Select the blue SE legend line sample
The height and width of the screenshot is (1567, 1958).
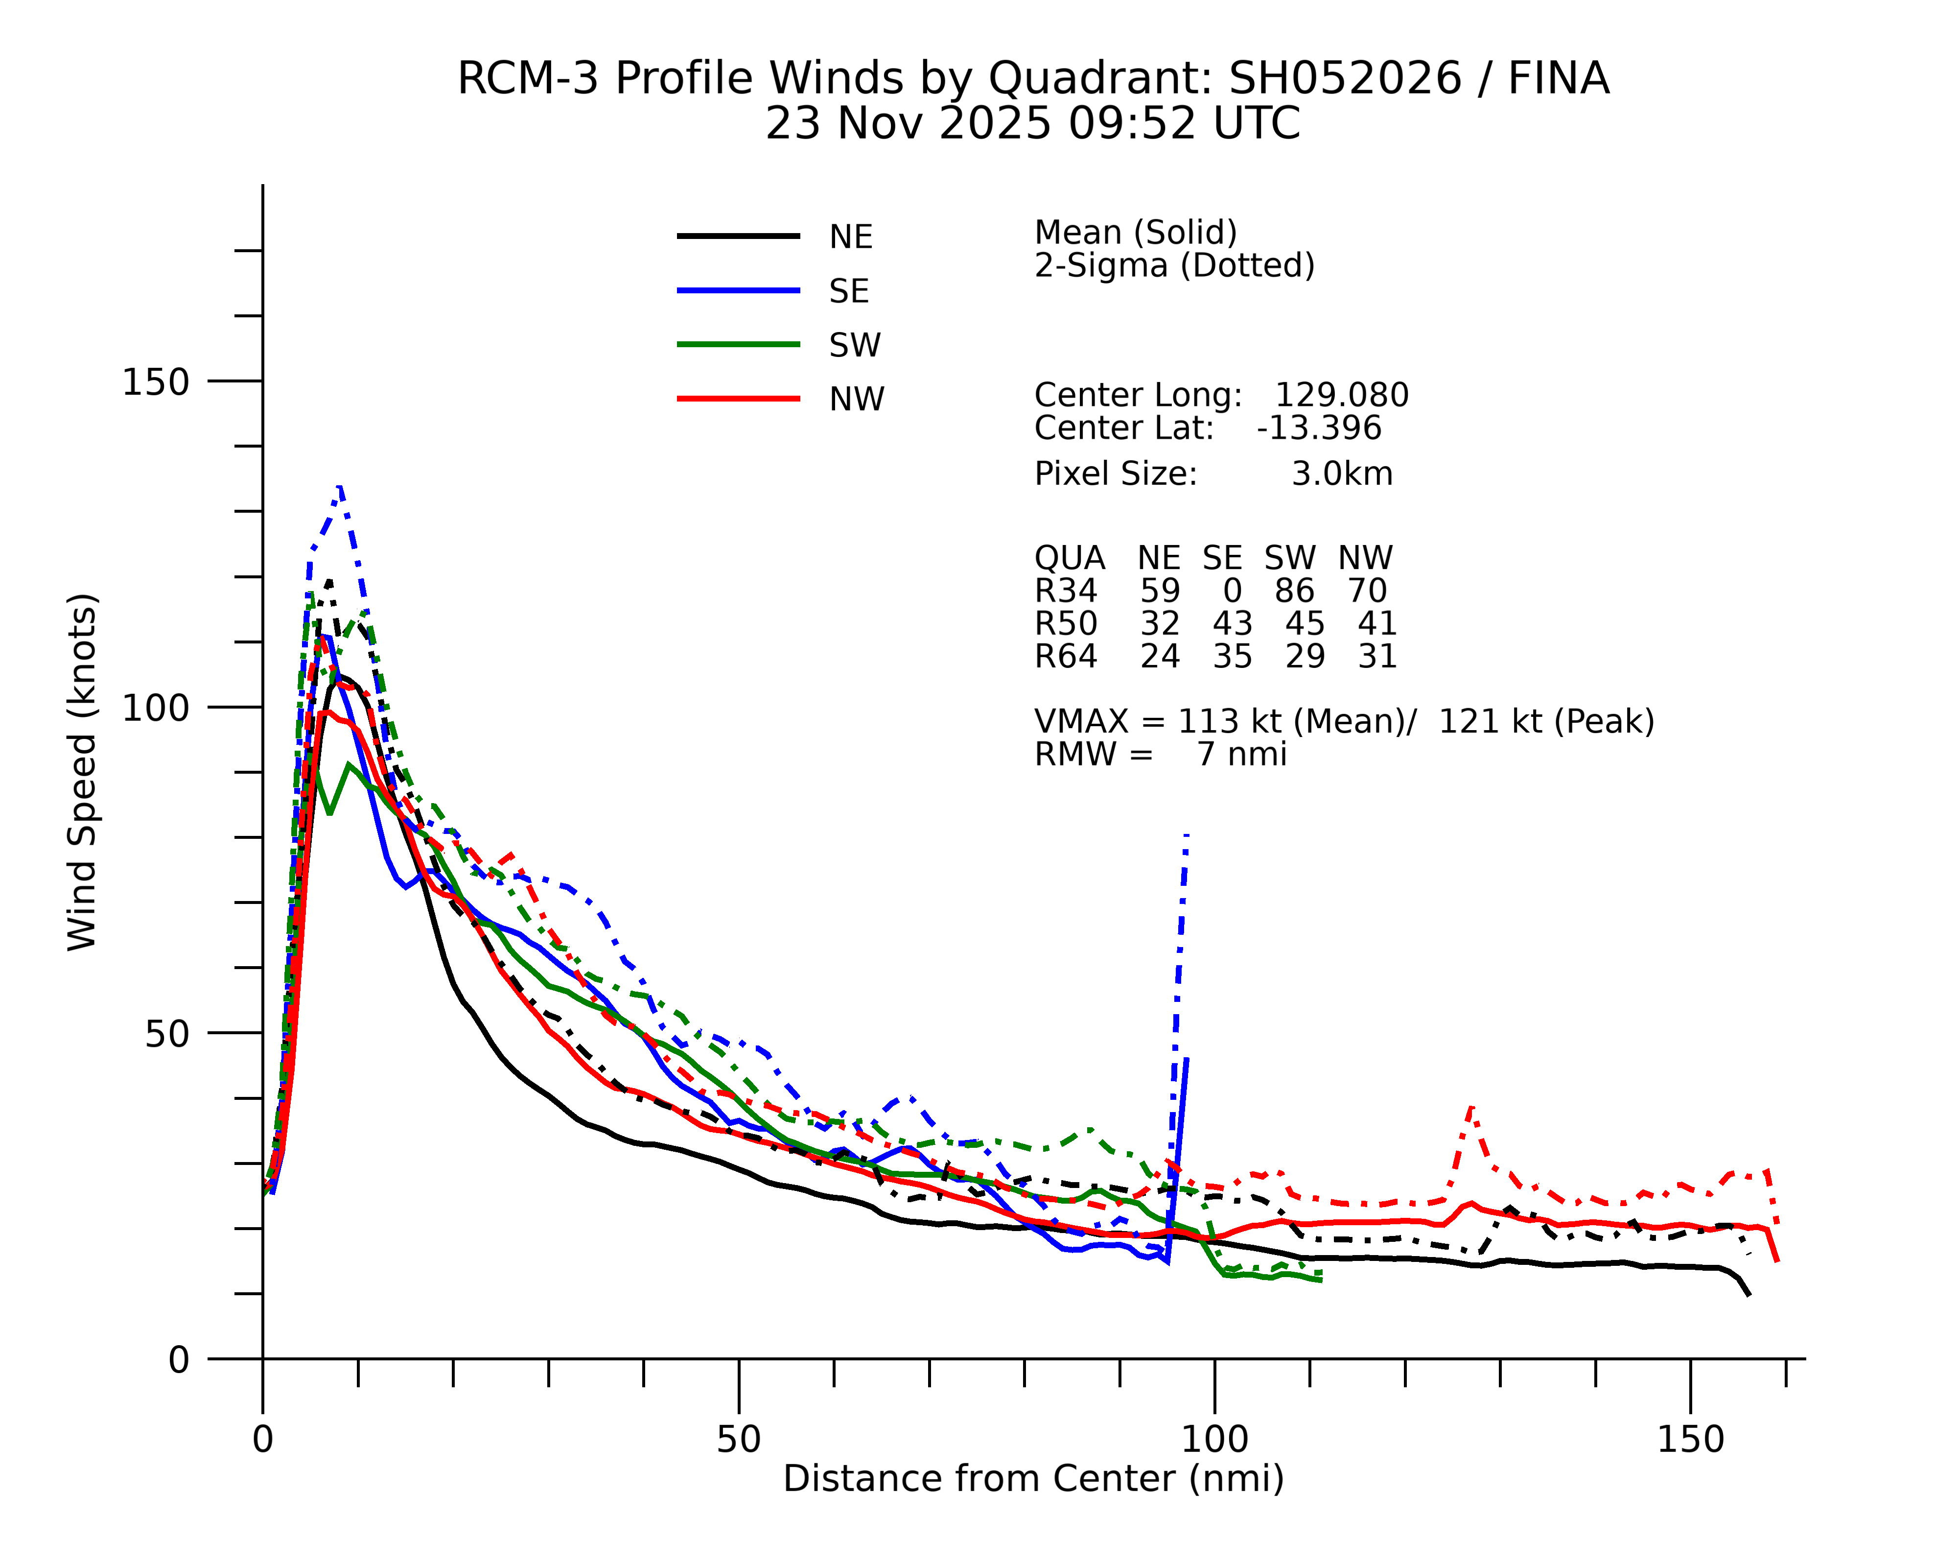pyautogui.click(x=738, y=291)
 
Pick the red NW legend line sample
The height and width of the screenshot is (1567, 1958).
pyautogui.click(x=738, y=399)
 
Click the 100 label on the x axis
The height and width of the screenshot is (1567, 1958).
pyautogui.click(x=1214, y=1440)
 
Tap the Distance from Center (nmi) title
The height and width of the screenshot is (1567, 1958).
pyautogui.click(x=1033, y=1479)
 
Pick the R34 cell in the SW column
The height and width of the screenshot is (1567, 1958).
pyautogui.click(x=1294, y=592)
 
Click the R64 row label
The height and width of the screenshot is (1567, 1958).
pyautogui.click(x=1065, y=657)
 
